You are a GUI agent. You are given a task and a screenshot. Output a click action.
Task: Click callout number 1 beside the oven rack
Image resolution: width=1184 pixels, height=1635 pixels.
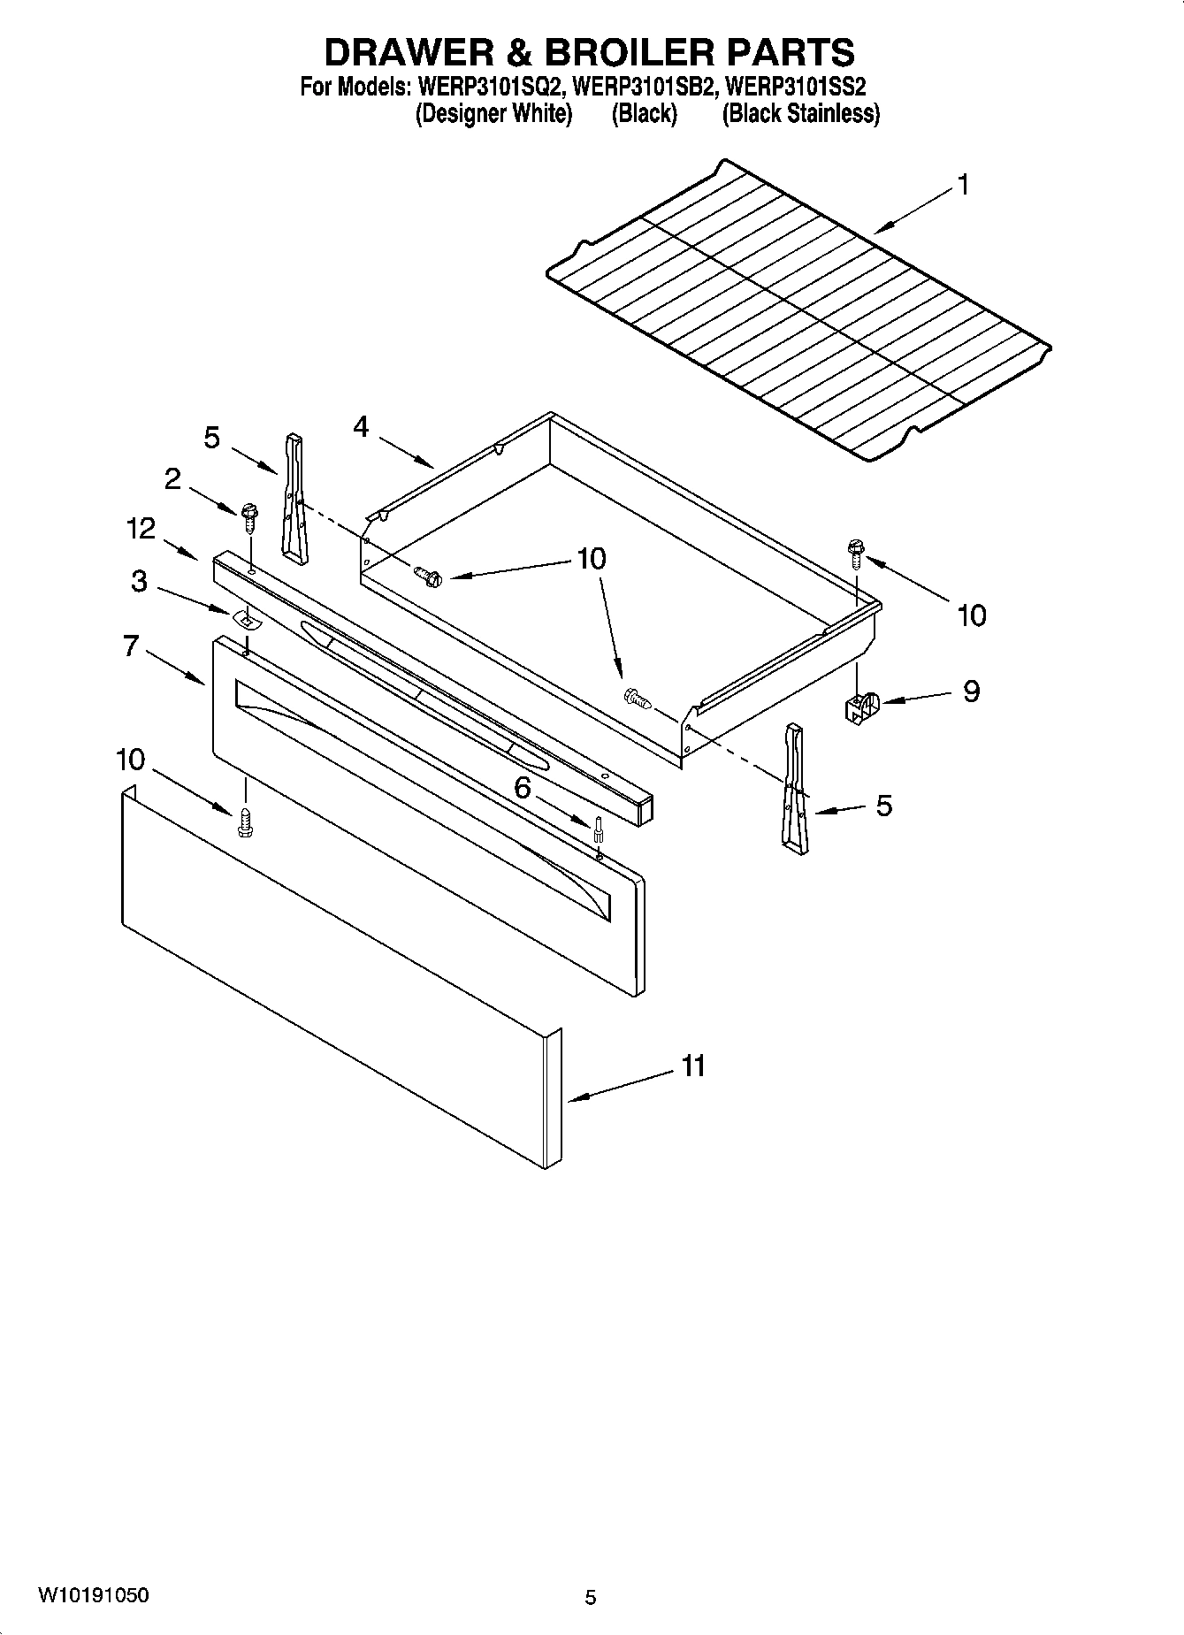click(963, 185)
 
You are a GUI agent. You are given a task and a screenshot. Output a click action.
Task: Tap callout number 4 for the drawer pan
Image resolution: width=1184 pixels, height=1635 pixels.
click(360, 427)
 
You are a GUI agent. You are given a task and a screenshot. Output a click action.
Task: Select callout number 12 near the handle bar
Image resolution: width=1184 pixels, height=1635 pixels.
click(141, 529)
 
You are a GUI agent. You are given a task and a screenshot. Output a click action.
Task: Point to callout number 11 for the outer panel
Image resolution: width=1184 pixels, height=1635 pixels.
click(693, 1066)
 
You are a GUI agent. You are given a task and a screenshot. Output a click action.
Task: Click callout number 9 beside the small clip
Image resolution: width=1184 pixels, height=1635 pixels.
click(971, 691)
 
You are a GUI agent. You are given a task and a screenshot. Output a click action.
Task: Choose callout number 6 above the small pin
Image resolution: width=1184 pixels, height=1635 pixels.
click(523, 788)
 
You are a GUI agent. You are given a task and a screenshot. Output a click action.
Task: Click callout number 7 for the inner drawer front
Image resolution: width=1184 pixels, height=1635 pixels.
click(131, 646)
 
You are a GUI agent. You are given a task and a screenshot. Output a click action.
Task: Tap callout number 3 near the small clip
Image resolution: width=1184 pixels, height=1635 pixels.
click(139, 582)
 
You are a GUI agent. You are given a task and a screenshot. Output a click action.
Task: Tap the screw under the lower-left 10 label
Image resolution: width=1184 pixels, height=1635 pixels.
click(245, 823)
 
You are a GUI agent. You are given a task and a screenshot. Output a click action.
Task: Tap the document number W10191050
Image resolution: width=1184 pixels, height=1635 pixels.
click(93, 1595)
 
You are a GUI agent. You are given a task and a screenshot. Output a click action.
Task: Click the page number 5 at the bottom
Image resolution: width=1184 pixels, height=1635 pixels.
click(591, 1597)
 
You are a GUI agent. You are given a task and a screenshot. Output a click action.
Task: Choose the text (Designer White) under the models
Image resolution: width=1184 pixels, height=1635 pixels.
click(493, 114)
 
